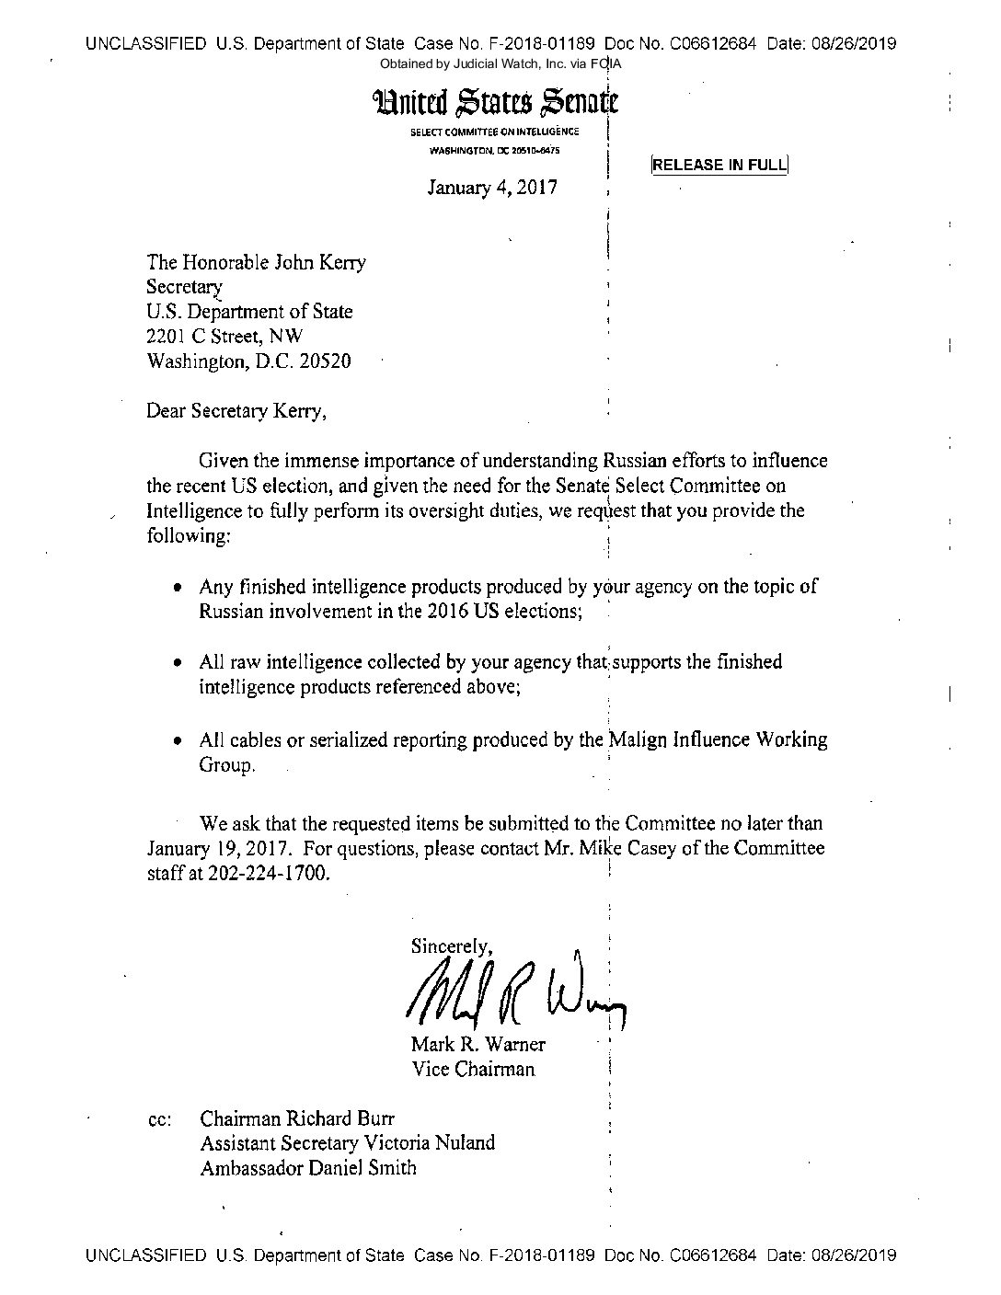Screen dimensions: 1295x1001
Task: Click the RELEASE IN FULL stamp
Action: coord(719,166)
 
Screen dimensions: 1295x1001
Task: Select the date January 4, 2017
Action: coord(492,189)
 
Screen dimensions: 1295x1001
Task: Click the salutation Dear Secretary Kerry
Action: coord(236,411)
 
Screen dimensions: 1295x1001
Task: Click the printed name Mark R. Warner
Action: coord(477,1045)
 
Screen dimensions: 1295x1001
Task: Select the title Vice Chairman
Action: coord(472,1069)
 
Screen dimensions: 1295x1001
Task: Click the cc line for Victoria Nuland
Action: coord(347,1143)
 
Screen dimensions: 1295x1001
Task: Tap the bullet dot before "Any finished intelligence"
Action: coord(178,588)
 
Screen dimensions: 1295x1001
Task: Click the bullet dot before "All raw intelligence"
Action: coord(178,662)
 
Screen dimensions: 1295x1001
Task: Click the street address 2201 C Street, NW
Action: coord(224,337)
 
